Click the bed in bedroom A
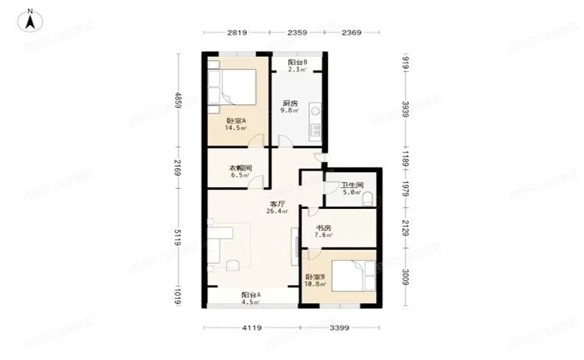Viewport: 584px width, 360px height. click(233, 85)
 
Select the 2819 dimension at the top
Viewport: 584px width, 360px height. click(238, 32)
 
